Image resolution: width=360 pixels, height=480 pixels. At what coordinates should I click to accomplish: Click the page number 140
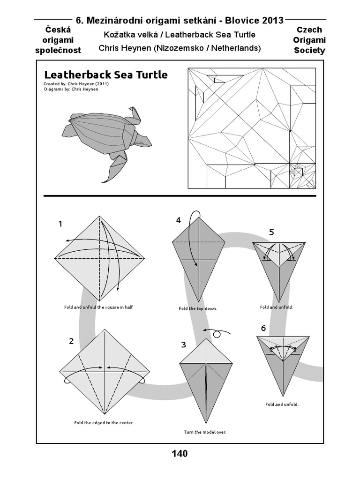click(180, 453)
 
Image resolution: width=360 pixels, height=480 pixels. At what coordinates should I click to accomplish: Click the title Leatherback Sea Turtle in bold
click(105, 75)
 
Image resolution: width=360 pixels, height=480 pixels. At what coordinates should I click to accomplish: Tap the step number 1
click(60, 224)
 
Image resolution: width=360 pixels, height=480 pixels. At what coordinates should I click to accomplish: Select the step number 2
click(71, 341)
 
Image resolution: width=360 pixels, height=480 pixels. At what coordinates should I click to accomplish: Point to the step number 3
click(184, 345)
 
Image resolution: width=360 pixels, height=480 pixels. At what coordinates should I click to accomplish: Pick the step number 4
click(179, 220)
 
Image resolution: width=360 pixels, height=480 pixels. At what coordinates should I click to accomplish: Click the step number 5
click(271, 232)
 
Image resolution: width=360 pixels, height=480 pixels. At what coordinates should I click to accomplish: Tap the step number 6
click(263, 328)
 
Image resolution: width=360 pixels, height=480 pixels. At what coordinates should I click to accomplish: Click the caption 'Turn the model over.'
click(205, 432)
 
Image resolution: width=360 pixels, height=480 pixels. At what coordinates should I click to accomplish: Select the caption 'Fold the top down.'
click(198, 309)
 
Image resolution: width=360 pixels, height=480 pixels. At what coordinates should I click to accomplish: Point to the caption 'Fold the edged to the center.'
click(104, 422)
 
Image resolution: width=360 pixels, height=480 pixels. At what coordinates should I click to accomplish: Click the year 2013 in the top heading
click(267, 20)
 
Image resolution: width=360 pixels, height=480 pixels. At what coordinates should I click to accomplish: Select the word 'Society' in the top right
click(309, 50)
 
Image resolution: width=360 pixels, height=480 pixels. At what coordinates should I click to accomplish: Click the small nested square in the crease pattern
click(299, 172)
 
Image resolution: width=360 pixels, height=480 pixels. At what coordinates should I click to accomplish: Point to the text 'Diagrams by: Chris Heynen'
click(71, 89)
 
